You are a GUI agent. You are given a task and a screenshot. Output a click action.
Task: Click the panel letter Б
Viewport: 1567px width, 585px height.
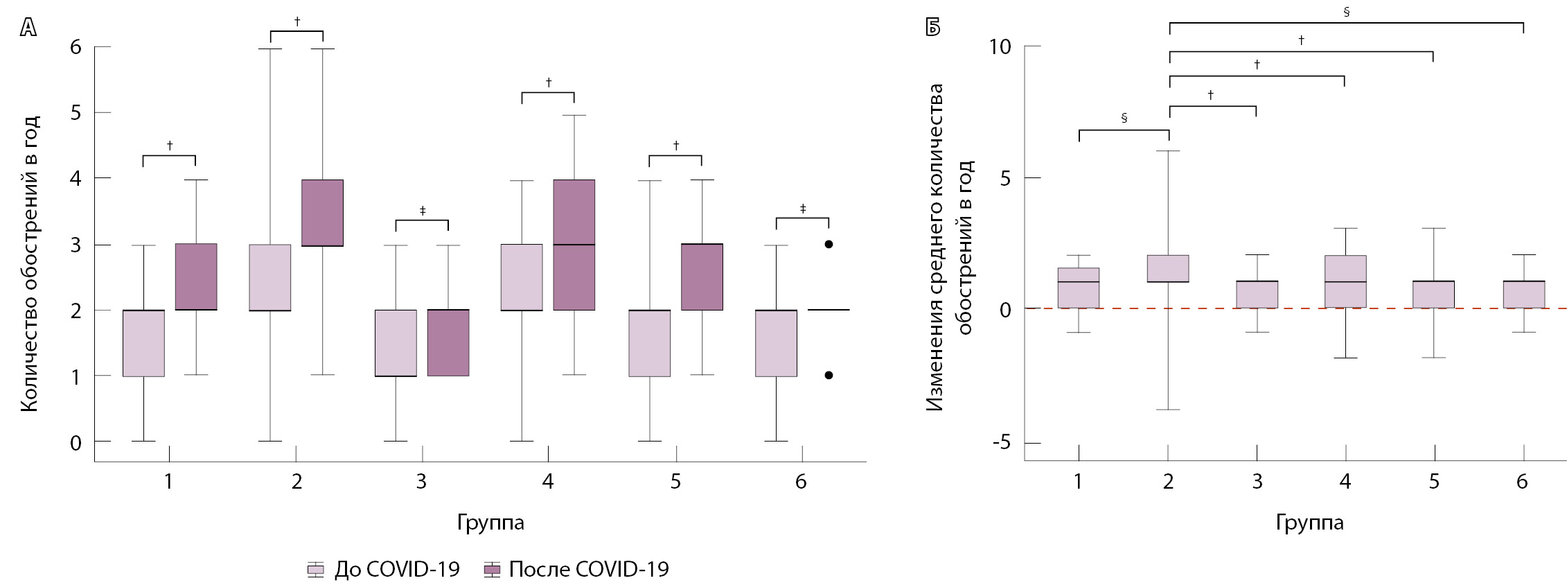point(933,28)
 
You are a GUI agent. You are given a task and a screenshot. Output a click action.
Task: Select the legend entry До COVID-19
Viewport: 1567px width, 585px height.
point(383,569)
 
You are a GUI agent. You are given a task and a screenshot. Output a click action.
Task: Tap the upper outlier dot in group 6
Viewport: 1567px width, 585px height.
point(829,244)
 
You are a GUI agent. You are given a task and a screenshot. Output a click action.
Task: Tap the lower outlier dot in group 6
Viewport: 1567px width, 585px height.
point(829,375)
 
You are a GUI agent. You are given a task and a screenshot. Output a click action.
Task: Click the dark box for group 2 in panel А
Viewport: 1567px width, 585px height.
point(322,213)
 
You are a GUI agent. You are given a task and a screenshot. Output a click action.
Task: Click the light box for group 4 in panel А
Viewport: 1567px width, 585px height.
point(522,277)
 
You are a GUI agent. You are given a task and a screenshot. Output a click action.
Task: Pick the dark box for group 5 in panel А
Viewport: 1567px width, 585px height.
point(702,277)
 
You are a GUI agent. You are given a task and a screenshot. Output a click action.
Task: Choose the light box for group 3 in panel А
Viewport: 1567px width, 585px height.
point(396,343)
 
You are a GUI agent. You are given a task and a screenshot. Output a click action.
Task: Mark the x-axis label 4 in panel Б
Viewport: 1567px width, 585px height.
point(1345,482)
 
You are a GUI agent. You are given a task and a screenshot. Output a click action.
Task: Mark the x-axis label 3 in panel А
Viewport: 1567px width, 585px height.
point(421,482)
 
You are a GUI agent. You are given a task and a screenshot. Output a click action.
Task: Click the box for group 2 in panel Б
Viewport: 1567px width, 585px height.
point(1168,269)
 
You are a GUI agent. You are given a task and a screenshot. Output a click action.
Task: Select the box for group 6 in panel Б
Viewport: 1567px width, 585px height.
point(1523,295)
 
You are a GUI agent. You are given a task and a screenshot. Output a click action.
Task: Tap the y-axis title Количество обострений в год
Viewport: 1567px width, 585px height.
point(29,263)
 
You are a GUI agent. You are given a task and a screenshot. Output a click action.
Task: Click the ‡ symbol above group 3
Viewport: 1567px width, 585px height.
point(422,211)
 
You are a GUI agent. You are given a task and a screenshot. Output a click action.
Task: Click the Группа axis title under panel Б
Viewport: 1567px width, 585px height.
point(1309,523)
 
